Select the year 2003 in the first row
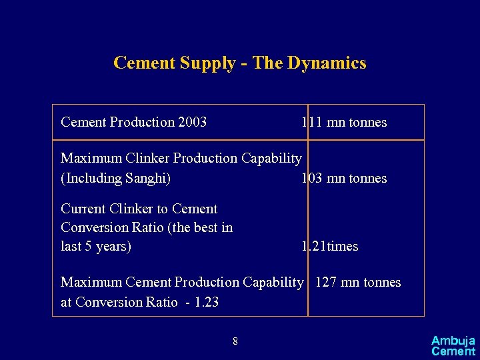click(193, 122)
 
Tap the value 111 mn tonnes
click(344, 122)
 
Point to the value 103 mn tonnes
click(344, 178)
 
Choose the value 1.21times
click(330, 246)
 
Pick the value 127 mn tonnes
click(358, 282)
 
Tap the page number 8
click(235, 342)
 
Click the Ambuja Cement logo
click(453, 345)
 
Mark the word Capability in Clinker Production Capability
click(271, 158)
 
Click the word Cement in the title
click(141, 63)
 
